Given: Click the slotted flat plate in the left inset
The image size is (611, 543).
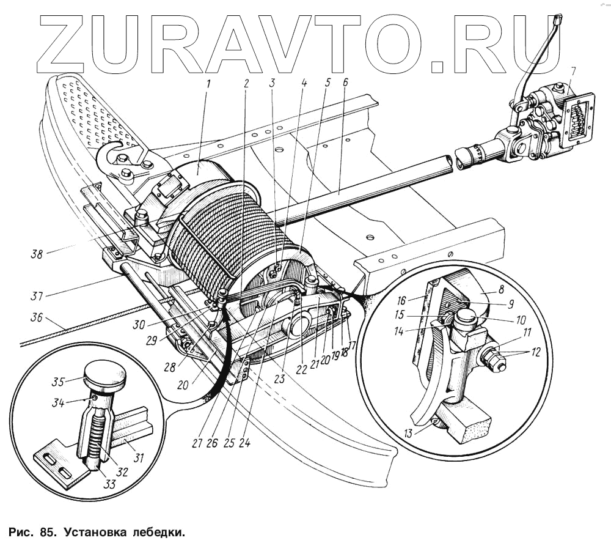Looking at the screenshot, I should click(54, 465).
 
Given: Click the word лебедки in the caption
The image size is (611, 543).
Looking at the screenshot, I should click(156, 531).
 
